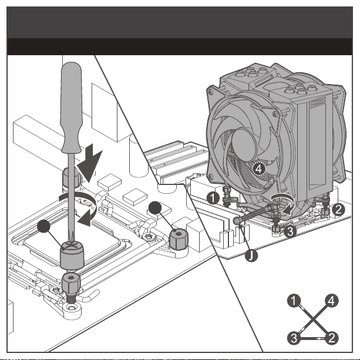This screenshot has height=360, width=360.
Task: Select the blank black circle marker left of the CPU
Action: [x=43, y=228]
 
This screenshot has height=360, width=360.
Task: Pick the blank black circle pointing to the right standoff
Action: [x=156, y=208]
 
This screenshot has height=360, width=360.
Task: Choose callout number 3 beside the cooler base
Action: [x=288, y=232]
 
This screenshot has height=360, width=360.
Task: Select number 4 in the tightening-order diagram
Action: [x=332, y=302]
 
